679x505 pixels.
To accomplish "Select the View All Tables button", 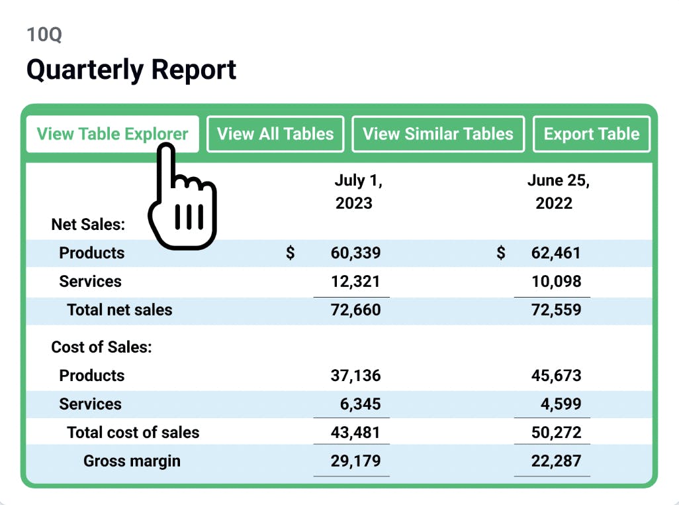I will (x=275, y=134).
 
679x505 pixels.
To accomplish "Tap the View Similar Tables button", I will (x=438, y=134).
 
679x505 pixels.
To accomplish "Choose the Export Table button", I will (x=592, y=134).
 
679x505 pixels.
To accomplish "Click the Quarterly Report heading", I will (x=131, y=70).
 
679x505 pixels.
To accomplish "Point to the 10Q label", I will (x=44, y=34).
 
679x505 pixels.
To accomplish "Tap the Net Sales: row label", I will (x=88, y=225).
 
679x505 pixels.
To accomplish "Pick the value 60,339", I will (x=355, y=252).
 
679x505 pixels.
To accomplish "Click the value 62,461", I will (x=556, y=252).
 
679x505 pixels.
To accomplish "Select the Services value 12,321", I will (x=355, y=281).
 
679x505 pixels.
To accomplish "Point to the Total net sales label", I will (x=119, y=309).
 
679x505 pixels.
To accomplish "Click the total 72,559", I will (x=556, y=309).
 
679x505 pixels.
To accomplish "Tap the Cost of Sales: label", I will (x=101, y=347).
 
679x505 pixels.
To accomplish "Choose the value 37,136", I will (x=355, y=376).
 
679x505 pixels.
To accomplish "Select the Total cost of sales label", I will (x=132, y=433).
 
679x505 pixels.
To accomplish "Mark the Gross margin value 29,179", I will (x=355, y=461).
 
